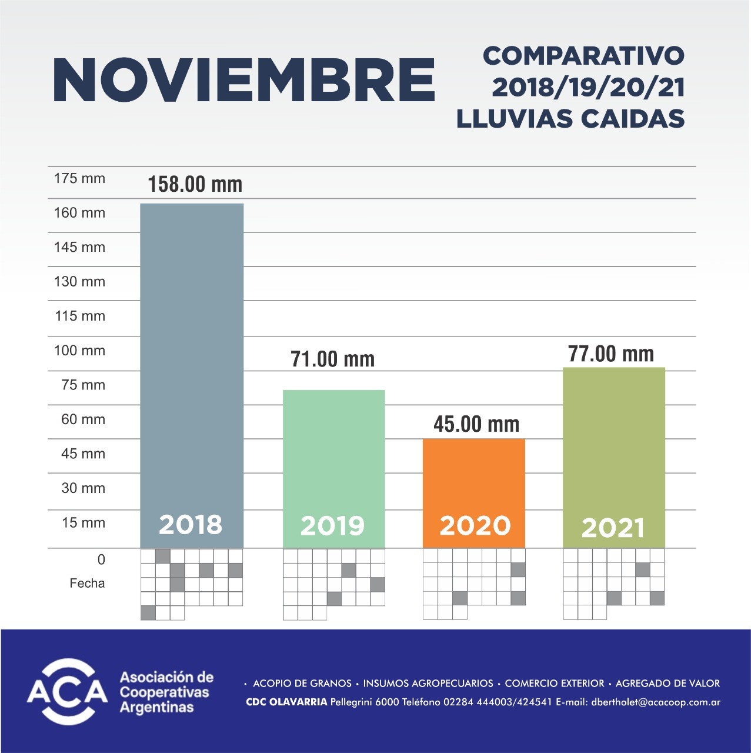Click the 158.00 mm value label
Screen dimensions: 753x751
(x=195, y=184)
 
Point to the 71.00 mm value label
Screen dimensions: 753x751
(x=332, y=359)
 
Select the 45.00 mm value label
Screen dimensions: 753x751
(x=476, y=424)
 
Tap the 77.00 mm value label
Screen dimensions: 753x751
(x=611, y=354)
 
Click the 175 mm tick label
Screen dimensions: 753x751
(x=79, y=178)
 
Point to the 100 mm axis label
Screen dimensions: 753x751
(x=79, y=351)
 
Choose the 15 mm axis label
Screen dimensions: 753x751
(x=83, y=523)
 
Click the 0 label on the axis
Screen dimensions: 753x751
(x=101, y=559)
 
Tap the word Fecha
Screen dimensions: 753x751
(x=87, y=584)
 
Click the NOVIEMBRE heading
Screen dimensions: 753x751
(x=243, y=81)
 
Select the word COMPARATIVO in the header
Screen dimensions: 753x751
(x=583, y=56)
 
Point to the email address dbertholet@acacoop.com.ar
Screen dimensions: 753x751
(x=656, y=702)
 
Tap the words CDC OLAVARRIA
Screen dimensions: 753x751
(x=286, y=702)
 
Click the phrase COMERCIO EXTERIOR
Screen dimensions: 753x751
(x=554, y=684)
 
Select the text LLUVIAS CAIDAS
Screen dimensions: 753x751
(x=570, y=119)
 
